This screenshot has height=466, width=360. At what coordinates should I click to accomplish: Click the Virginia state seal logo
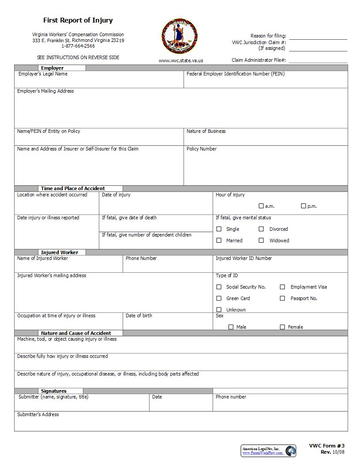click(x=180, y=37)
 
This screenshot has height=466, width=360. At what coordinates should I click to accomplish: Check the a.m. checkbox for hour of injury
click(x=261, y=206)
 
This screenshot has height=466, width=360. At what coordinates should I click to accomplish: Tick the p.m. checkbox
click(x=304, y=206)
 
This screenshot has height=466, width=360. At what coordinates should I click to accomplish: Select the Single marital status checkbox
click(x=219, y=229)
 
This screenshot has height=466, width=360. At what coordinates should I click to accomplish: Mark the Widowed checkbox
click(x=261, y=241)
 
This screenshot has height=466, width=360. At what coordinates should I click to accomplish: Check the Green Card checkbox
click(x=219, y=298)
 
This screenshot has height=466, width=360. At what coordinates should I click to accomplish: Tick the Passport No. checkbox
click(x=282, y=298)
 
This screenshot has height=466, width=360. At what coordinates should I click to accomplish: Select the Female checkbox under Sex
click(x=282, y=327)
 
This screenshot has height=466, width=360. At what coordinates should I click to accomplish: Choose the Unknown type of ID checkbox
click(x=219, y=310)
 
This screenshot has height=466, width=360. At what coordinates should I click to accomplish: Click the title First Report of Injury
click(x=78, y=20)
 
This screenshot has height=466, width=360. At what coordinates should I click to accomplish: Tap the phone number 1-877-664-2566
click(x=78, y=46)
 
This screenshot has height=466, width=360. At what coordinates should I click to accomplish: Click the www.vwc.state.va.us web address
click(x=181, y=60)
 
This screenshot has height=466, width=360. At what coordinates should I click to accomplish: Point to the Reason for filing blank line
click(x=318, y=37)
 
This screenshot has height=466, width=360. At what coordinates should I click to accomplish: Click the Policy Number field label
click(x=201, y=149)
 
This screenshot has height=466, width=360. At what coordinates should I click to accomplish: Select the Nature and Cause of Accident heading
click(x=76, y=333)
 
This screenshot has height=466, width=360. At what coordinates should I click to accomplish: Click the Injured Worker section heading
click(x=60, y=252)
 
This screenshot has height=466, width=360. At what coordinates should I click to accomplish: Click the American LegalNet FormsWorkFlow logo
click(x=269, y=451)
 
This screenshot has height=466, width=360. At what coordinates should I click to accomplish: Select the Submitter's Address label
click(x=38, y=414)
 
